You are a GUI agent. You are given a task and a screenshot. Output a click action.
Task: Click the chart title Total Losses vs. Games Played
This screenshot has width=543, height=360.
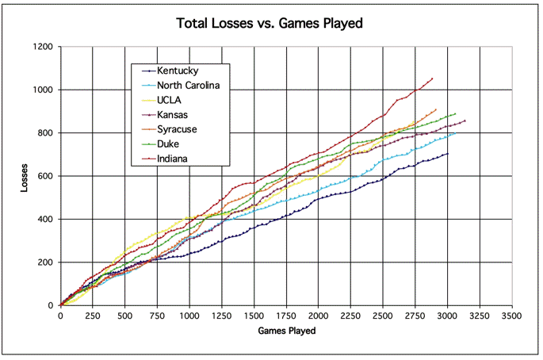click(x=270, y=24)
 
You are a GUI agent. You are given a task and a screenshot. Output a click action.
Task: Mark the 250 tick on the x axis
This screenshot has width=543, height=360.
click(x=93, y=316)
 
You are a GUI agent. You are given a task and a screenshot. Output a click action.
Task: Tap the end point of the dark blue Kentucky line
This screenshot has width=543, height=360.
click(x=448, y=154)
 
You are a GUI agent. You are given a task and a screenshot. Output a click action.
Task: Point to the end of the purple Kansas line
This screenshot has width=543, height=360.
click(x=465, y=121)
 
